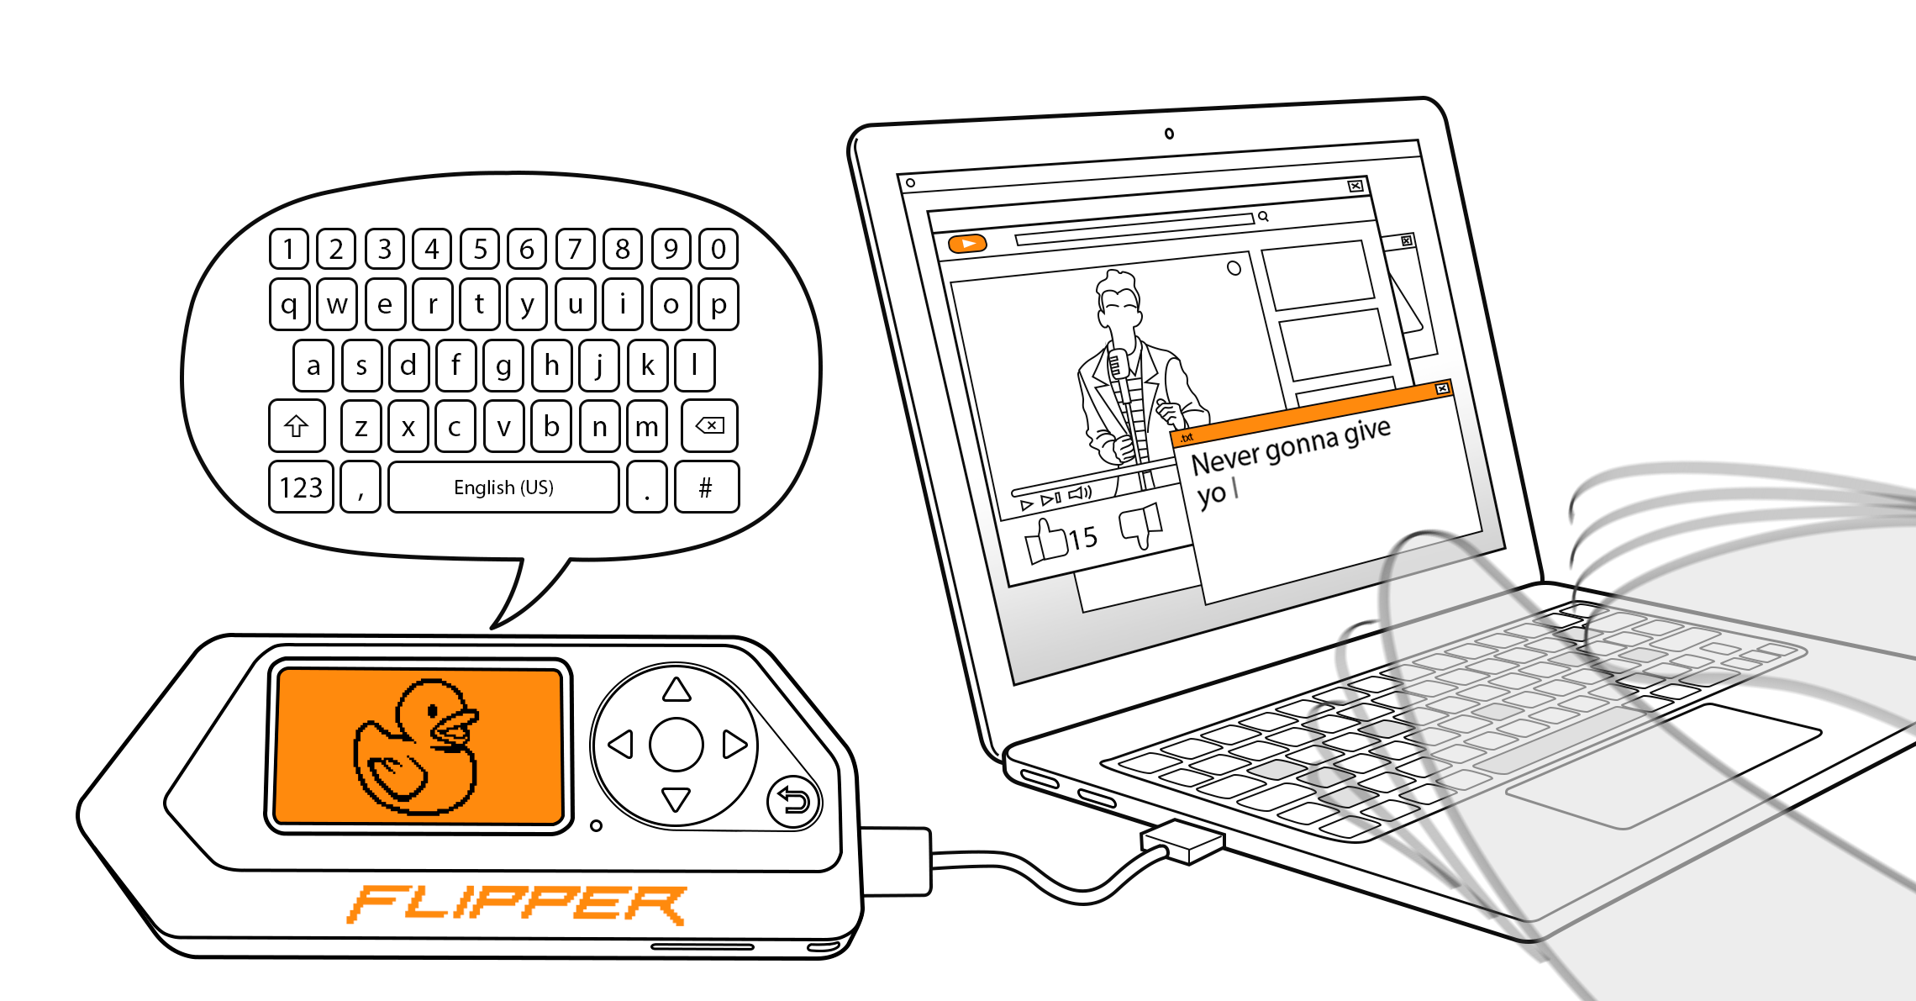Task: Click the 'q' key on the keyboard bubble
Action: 289,304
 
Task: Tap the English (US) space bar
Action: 503,487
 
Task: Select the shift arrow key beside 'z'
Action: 296,426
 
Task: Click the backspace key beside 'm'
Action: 710,426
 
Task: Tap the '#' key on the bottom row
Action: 706,487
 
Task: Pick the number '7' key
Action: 575,249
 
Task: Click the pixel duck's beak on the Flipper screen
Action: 457,724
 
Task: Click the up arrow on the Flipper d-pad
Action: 676,691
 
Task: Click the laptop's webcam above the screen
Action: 1169,134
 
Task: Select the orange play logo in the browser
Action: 967,244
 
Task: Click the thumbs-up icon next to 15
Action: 1045,541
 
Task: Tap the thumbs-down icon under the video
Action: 1141,525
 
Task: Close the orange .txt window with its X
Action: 1442,388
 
